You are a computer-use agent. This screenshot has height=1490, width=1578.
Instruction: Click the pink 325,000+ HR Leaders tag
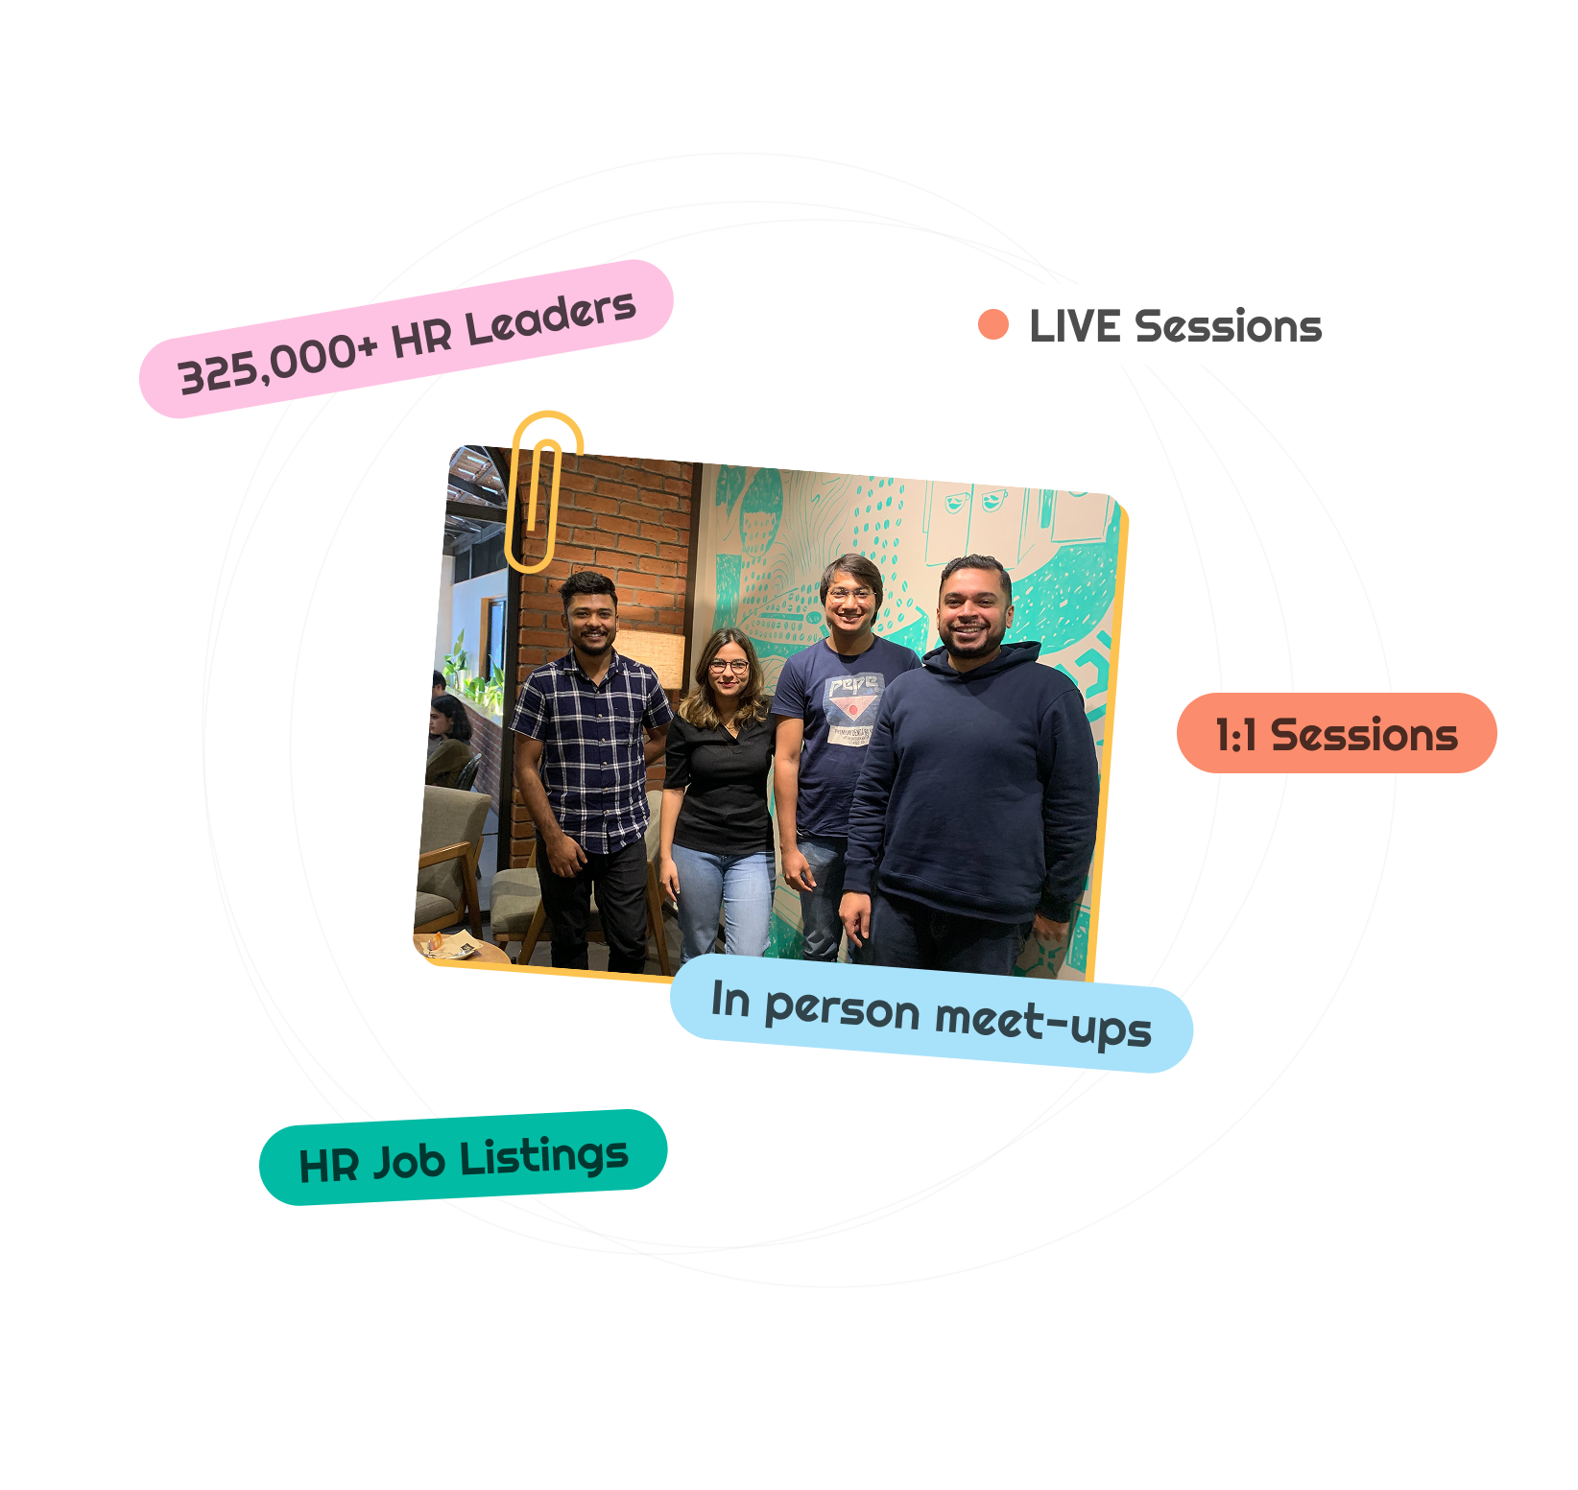406,338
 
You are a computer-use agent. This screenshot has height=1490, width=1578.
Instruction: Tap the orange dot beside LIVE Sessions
992,324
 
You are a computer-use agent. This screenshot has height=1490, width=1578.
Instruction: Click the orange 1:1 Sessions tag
1335,734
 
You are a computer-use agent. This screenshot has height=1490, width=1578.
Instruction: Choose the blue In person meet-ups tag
931,1013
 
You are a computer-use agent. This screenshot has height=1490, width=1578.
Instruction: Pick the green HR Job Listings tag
463,1158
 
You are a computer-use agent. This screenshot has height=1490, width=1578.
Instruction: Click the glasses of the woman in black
729,666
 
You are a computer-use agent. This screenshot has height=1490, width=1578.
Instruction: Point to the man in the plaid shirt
588,748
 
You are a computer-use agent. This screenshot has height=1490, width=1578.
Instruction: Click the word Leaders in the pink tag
551,319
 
